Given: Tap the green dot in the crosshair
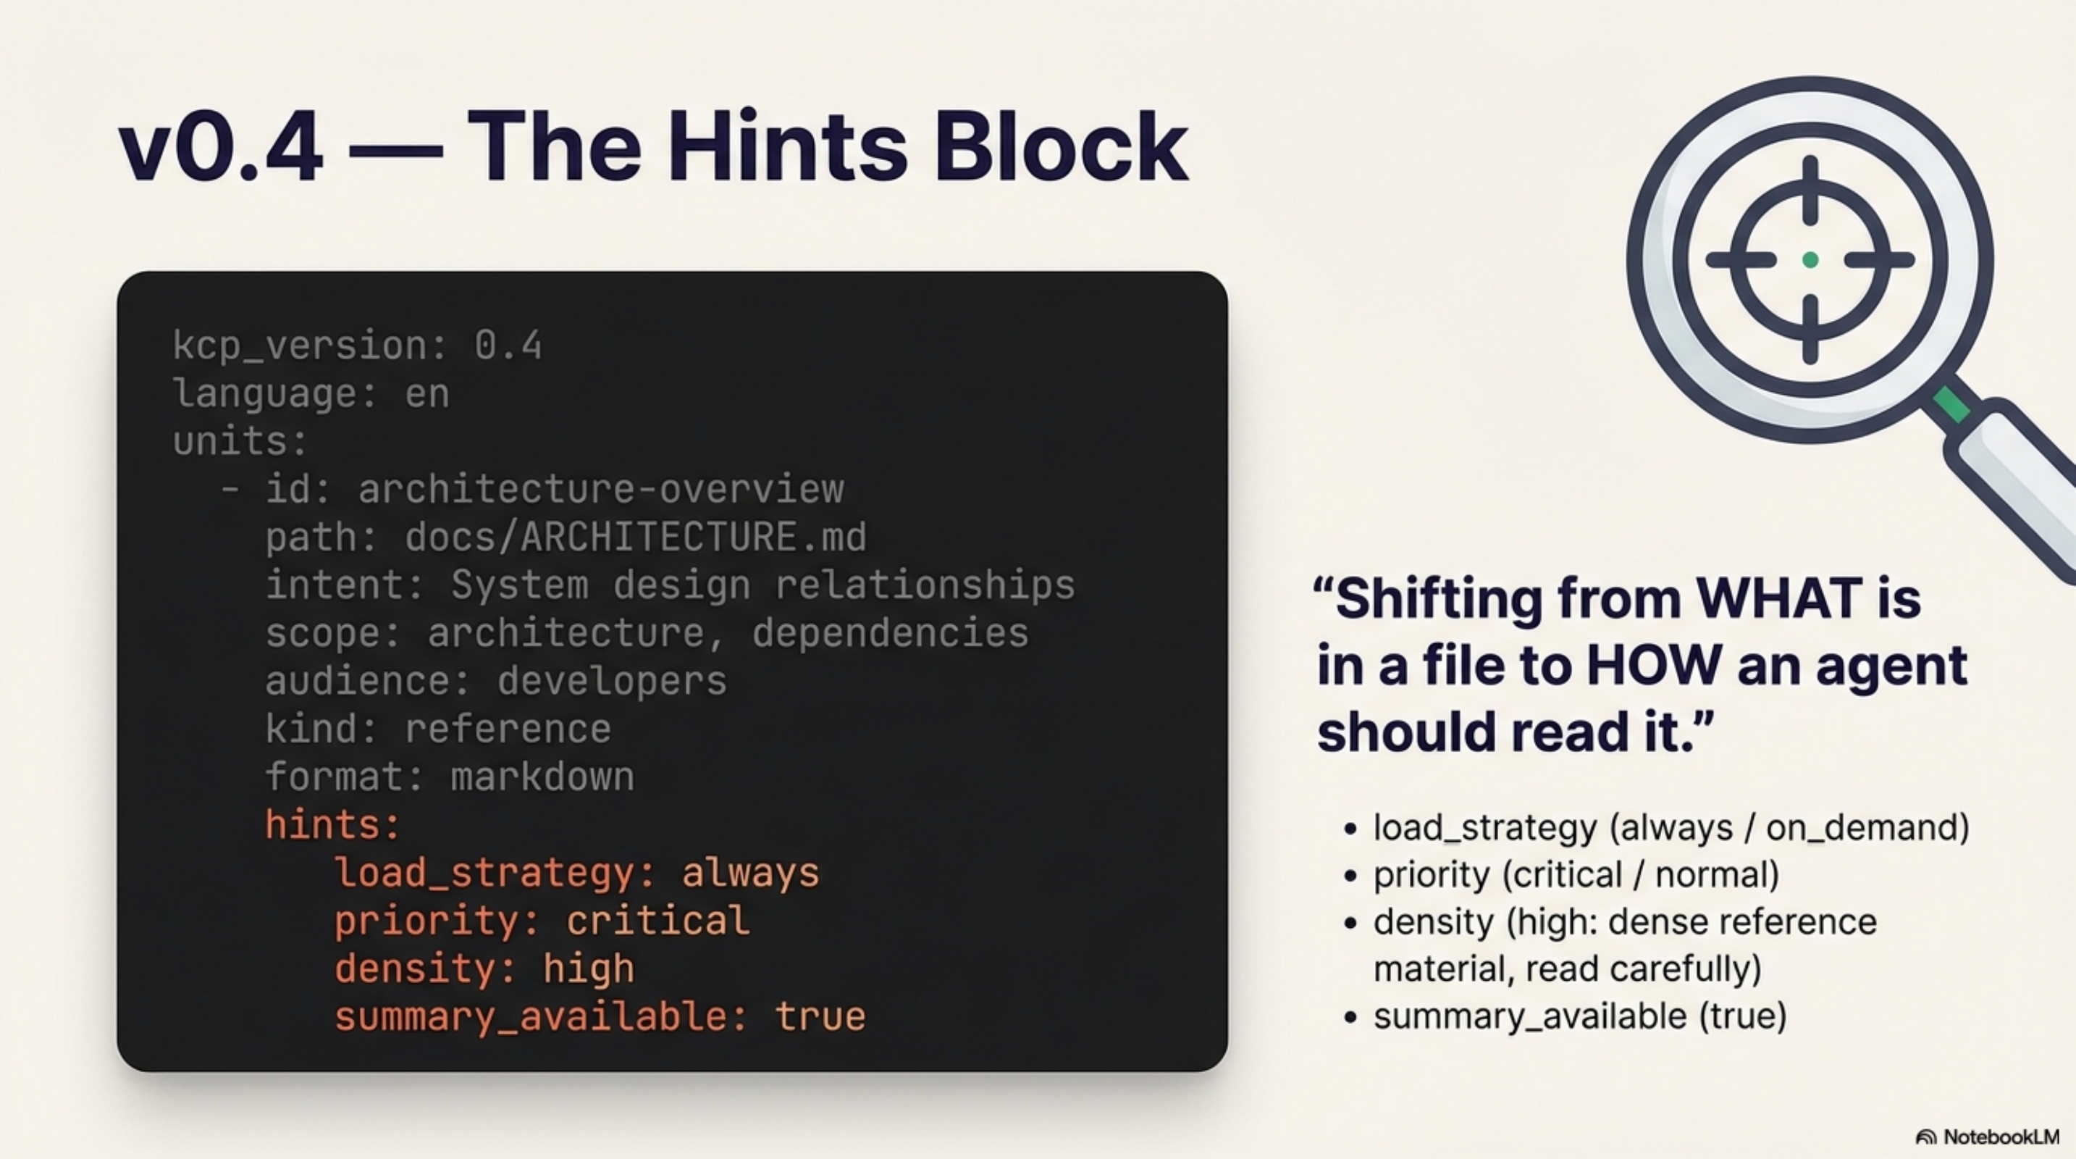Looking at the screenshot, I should (x=1810, y=259).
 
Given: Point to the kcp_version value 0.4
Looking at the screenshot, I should (x=508, y=346).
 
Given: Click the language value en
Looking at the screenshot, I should (x=427, y=394).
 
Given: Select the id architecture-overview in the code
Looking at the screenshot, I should (x=600, y=489).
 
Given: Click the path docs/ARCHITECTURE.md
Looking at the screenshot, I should (x=635, y=537).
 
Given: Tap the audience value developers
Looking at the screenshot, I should (x=612, y=681).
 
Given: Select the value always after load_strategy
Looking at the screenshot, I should (x=750, y=873).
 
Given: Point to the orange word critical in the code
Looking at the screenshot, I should (x=657, y=921).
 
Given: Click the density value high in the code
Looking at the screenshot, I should (x=588, y=968).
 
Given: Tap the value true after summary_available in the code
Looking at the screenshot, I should (x=820, y=1017).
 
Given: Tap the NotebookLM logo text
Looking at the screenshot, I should (x=2001, y=1137).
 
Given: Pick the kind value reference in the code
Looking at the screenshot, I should (x=508, y=729).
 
